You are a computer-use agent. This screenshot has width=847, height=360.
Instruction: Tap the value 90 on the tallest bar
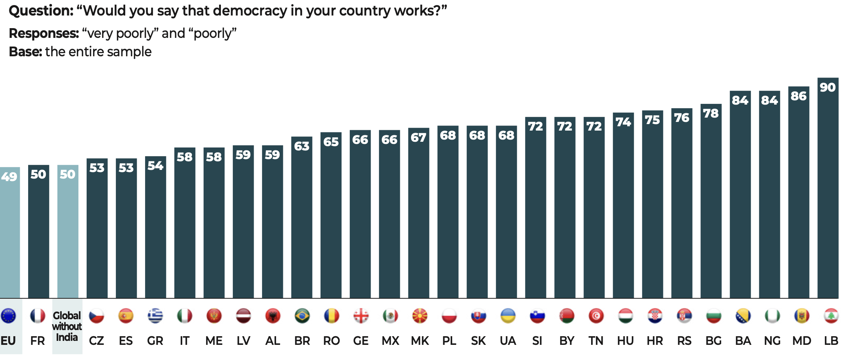828,87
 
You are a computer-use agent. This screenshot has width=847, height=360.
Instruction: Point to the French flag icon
38,316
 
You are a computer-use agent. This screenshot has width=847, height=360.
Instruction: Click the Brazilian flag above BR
302,316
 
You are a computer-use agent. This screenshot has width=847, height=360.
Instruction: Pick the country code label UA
508,341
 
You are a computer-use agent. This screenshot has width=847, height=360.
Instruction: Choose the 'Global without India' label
67,326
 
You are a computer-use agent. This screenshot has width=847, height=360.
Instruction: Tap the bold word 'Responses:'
44,34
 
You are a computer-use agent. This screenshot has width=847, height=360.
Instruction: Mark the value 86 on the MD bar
798,96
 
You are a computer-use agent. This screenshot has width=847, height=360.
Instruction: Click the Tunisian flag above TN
596,316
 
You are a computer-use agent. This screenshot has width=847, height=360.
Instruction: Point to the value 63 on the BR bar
302,146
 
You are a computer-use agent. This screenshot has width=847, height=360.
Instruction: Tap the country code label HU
625,341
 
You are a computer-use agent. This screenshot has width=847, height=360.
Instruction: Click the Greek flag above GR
155,316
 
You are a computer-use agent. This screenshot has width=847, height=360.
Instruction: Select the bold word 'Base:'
25,52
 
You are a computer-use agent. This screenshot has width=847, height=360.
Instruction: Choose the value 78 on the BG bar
711,114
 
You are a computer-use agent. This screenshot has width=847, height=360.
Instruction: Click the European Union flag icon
8,316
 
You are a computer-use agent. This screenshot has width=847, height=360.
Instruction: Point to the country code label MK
420,341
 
